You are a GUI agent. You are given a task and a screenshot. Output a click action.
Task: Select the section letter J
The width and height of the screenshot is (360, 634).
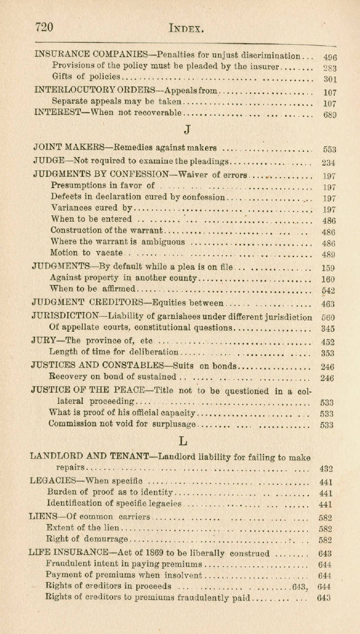click(x=186, y=130)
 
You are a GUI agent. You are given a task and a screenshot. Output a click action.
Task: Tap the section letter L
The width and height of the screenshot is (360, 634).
click(x=183, y=441)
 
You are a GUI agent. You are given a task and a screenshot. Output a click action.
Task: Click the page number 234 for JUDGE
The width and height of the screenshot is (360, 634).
click(x=328, y=163)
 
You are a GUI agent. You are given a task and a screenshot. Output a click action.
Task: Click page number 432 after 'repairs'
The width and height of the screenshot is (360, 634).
click(x=326, y=469)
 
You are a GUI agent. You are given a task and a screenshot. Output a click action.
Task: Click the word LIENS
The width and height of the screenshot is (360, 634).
click(x=45, y=516)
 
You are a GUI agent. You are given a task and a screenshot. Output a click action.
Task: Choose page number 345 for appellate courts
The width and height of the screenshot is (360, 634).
click(x=328, y=329)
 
